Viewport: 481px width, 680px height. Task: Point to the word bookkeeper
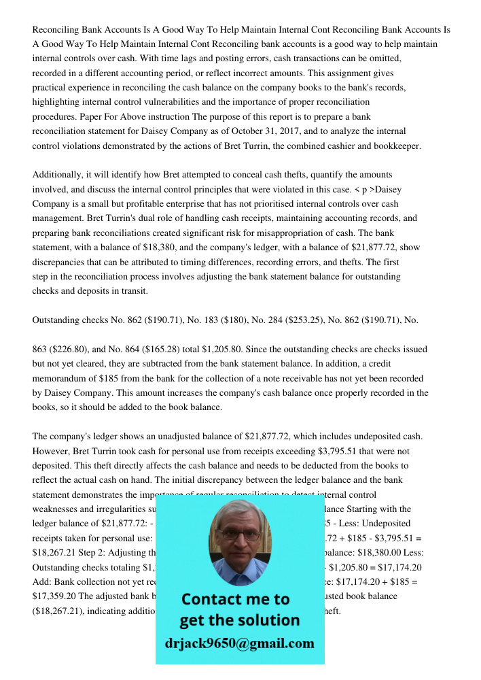pos(395,146)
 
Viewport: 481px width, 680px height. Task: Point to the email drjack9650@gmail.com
pos(239,643)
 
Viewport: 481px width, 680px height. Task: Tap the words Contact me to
pos(236,600)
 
